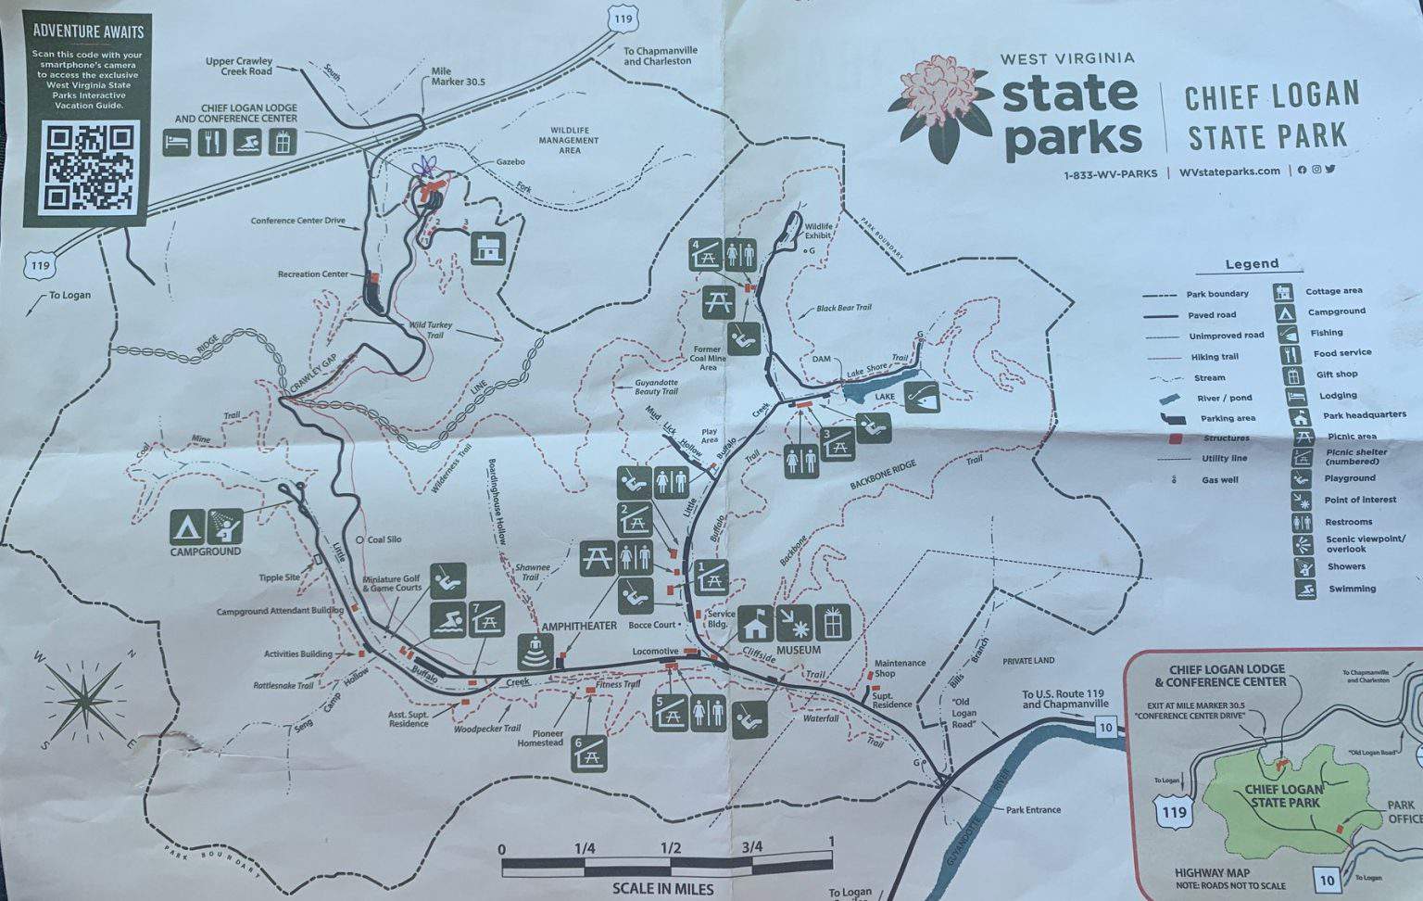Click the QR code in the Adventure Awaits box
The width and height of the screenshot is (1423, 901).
[x=89, y=168]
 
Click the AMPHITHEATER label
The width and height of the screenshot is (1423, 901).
[x=579, y=627]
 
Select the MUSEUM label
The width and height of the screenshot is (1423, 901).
[x=799, y=651]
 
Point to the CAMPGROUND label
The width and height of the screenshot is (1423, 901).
[x=205, y=552]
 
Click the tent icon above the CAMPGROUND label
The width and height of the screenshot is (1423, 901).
[x=186, y=527]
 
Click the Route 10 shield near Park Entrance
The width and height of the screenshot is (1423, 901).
[x=1105, y=728]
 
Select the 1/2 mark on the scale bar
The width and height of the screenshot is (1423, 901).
[x=670, y=848]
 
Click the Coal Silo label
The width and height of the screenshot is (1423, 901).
[x=384, y=539]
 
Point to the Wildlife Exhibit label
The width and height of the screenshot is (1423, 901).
[x=818, y=231]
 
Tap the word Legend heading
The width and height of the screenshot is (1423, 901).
[x=1252, y=264]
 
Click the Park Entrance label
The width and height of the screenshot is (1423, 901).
[x=1033, y=809]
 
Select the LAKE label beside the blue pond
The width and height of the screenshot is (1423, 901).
[x=885, y=397]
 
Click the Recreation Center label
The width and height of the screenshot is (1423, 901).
[x=313, y=274]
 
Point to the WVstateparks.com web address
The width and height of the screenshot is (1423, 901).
[x=1229, y=171]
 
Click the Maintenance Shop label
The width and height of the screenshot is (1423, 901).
[x=900, y=668]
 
